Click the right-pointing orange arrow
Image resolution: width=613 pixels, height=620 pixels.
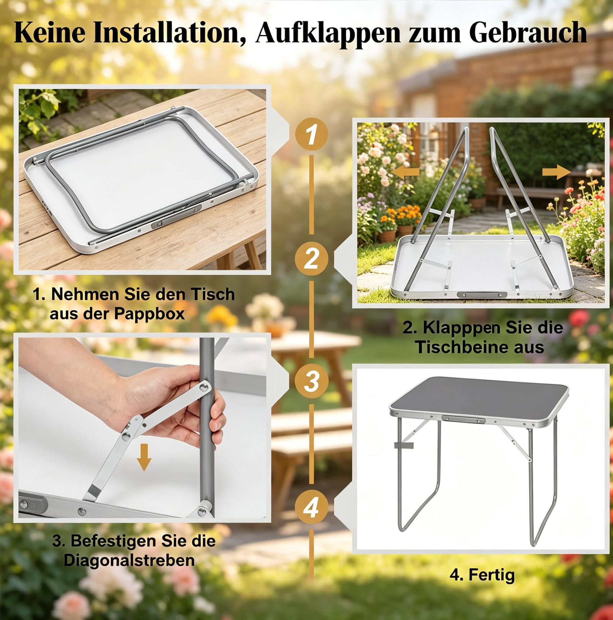(556, 172)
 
